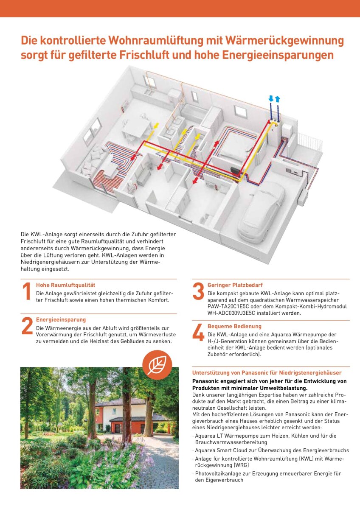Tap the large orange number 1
click(27, 291)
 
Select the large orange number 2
click(27, 326)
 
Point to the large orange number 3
click(198, 291)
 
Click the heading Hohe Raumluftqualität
click(65, 285)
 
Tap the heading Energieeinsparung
click(61, 320)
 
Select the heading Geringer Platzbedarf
click(235, 285)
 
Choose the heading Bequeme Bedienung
click(234, 326)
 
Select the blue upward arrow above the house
click(277, 99)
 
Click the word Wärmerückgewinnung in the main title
click(284, 41)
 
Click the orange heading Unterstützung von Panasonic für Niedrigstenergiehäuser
click(267, 373)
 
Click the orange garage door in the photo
click(117, 429)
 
